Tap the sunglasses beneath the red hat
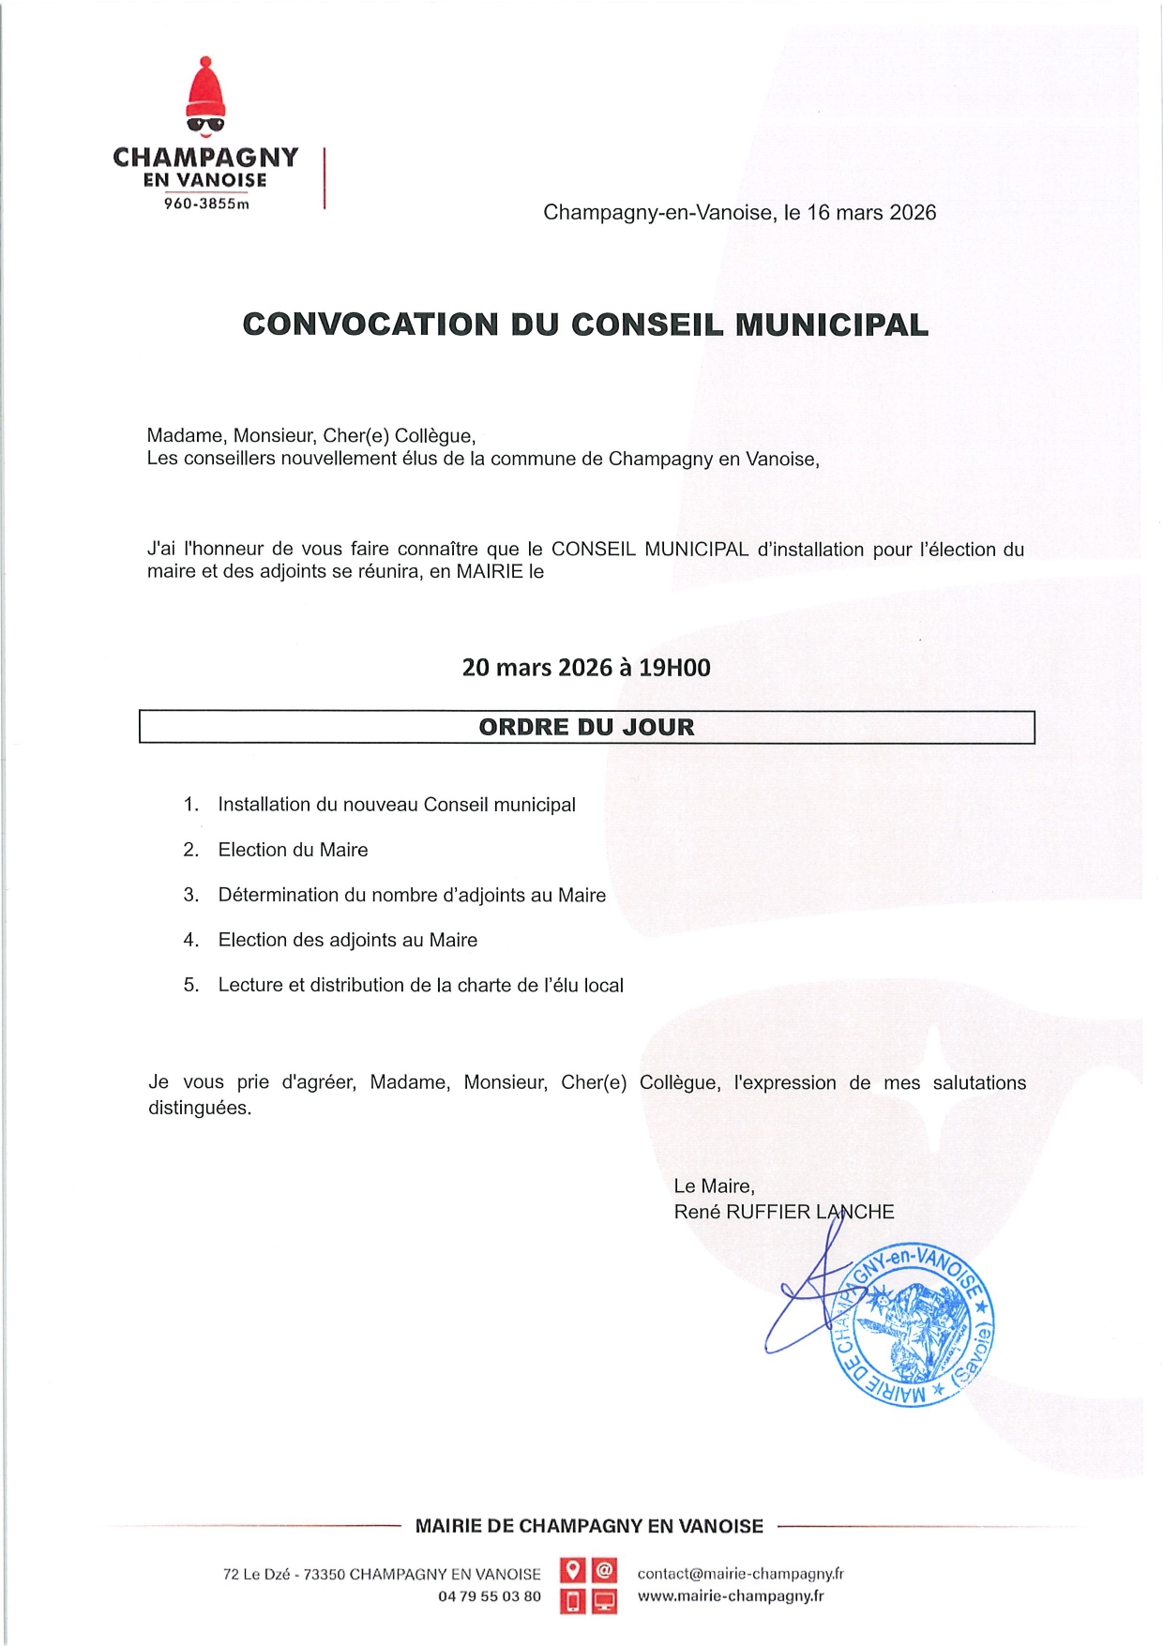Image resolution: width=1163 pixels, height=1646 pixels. point(206,123)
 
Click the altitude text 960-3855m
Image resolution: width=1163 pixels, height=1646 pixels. point(206,204)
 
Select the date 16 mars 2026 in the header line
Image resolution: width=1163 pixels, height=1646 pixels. point(871,213)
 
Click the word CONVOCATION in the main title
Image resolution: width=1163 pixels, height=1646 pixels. point(370,325)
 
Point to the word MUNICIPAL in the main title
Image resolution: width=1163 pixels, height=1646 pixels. point(832,325)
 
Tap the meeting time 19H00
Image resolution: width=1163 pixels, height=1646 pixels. point(674,668)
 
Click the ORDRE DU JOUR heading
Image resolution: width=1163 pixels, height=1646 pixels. point(586,727)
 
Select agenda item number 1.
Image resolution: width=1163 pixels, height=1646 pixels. point(191,805)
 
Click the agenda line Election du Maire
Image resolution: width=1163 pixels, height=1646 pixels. point(293,850)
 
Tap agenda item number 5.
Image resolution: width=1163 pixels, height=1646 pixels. point(191,985)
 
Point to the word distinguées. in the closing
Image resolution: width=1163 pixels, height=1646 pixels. point(200,1108)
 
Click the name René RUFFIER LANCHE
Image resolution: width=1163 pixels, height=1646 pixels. point(783,1212)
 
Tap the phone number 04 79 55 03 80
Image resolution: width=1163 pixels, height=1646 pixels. point(490,1596)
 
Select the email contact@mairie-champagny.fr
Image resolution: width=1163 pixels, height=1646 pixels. point(740,1574)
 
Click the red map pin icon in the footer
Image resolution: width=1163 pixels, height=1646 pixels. point(572,1570)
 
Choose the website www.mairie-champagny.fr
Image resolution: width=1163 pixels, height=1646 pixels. point(731,1595)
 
